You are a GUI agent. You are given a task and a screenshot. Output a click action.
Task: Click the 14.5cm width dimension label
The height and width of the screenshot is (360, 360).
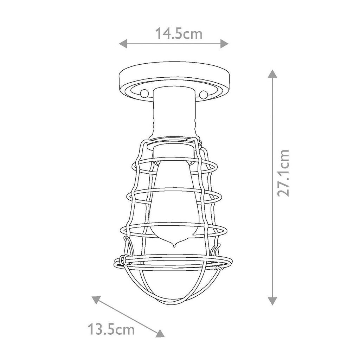179,33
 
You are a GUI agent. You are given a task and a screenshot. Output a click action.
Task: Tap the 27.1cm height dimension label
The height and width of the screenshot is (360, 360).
283,173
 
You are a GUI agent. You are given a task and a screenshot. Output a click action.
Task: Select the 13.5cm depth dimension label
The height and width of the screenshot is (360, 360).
111,329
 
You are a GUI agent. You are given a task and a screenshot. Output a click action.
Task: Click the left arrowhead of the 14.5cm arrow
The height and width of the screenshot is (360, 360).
123,43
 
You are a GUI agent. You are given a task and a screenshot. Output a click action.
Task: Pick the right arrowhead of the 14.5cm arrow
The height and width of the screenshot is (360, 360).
224,43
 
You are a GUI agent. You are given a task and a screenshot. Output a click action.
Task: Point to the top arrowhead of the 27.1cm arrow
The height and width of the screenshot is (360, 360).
272,73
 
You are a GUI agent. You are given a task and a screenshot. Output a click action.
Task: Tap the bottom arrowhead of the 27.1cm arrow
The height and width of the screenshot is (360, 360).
272,301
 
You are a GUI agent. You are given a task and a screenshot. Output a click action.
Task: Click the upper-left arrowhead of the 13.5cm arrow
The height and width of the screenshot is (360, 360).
96,300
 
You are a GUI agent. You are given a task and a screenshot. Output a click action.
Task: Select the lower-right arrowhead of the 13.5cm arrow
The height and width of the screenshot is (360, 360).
160,333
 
